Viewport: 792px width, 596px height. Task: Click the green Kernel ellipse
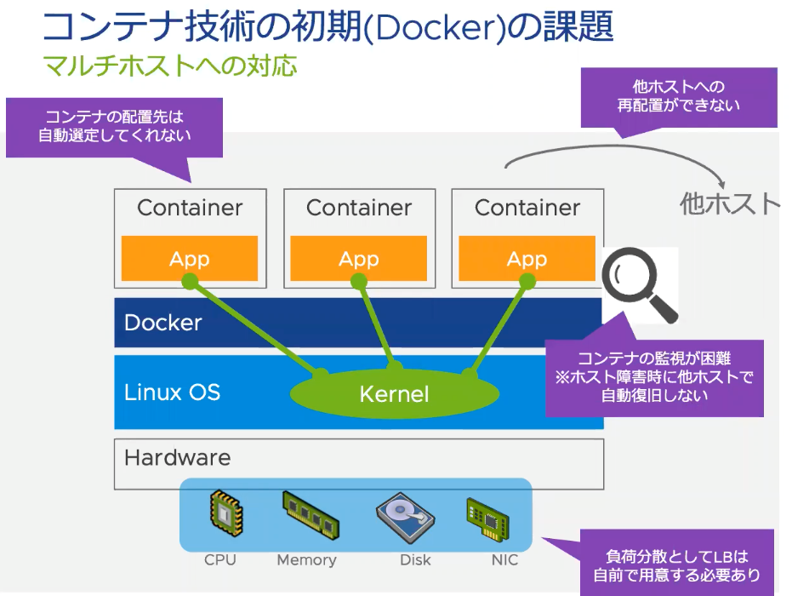[394, 393]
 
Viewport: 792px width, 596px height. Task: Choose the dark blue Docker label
[163, 323]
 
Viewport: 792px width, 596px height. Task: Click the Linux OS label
[172, 393]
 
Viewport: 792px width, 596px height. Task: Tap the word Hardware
[177, 457]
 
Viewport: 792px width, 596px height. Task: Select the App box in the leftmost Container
[190, 259]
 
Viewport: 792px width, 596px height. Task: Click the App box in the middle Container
[358, 259]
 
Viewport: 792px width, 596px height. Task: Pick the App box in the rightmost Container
[527, 259]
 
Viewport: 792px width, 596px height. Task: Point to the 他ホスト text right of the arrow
[729, 203]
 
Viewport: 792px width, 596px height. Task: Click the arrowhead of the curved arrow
[721, 185]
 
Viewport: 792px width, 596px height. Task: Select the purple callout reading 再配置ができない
[678, 96]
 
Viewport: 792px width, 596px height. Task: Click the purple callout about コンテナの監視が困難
[654, 376]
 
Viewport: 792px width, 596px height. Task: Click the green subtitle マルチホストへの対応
[169, 66]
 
